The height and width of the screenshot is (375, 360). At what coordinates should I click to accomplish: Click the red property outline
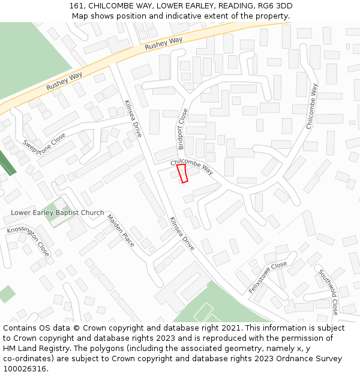tap(182, 173)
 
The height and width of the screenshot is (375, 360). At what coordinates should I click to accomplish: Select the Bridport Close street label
tap(182, 128)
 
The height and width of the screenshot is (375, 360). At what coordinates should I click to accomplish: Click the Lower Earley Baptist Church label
tap(57, 213)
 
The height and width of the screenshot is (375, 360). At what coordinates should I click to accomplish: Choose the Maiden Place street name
tap(121, 230)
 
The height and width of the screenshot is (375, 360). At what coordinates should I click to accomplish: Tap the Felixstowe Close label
tap(268, 277)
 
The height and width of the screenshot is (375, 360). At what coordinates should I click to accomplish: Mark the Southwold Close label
tap(328, 292)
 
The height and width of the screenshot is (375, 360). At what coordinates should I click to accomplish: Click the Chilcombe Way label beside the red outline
tap(192, 166)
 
